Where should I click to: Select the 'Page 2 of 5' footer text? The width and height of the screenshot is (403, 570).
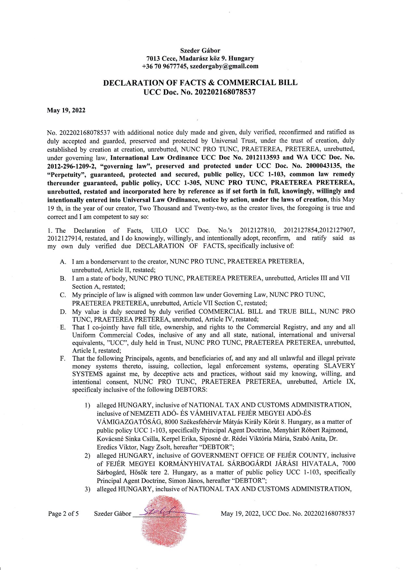[63, 514]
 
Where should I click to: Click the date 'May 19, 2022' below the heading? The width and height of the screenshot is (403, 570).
[66, 110]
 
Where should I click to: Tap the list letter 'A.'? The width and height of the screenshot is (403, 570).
[63, 262]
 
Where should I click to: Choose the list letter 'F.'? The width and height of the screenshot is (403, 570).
[63, 358]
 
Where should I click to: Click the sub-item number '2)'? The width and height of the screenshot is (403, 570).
[87, 456]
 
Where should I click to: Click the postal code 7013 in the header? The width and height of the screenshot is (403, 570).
[153, 58]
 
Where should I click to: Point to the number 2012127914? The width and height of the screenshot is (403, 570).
[64, 238]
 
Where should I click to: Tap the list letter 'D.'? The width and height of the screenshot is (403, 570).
[63, 312]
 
